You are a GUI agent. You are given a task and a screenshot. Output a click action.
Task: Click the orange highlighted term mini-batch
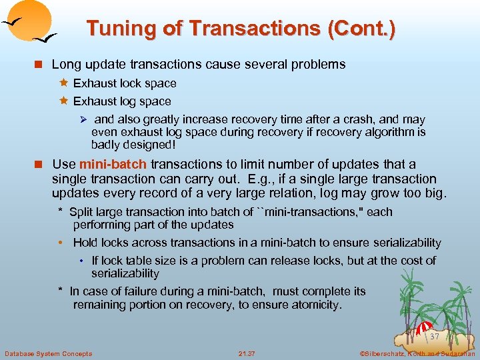[x=113, y=164]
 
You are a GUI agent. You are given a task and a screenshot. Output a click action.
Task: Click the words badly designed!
[x=133, y=145]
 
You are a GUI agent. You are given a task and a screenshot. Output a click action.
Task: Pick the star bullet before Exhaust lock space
[x=64, y=83]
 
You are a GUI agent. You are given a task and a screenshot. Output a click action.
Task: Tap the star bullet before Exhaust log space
[x=64, y=101]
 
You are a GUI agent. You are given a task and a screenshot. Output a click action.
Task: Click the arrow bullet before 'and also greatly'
[x=84, y=120]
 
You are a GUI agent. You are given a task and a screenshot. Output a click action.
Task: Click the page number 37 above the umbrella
[x=435, y=337]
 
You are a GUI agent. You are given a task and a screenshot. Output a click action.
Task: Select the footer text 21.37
[x=247, y=353]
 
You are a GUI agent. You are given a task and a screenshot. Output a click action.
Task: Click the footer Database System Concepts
[x=49, y=353]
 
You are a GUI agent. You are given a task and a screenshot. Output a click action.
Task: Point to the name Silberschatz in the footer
[x=387, y=353]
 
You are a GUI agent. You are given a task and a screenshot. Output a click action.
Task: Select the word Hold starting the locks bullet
[x=85, y=243]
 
